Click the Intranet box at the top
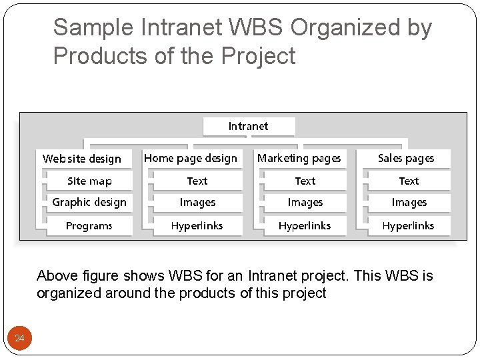coord(248,126)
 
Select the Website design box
coord(82,159)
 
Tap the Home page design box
coord(191,158)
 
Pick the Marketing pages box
coord(299,158)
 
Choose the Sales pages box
coord(405,158)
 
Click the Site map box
coord(89,181)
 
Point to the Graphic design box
coord(89,202)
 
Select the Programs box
coord(89,225)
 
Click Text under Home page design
coord(197,181)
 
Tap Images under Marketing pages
coord(305,202)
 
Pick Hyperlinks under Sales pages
coord(408,225)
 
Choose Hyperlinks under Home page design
coord(197,225)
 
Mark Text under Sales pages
coord(409,181)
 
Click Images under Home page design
coord(197,202)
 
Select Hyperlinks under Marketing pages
coord(305,225)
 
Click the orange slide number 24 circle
coord(19,339)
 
